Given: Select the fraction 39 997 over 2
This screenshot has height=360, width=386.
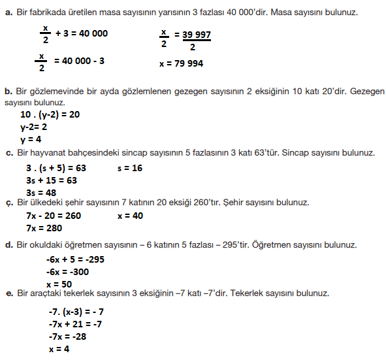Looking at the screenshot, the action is [191, 41].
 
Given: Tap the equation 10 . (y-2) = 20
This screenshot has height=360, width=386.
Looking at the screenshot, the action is [50, 114].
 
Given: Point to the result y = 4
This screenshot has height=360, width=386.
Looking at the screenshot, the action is [31, 139].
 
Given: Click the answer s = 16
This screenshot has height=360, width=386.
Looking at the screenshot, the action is [130, 168].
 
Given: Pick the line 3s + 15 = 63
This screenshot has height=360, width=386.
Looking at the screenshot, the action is [51, 180].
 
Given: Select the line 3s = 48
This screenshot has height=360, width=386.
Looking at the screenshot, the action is [40, 193].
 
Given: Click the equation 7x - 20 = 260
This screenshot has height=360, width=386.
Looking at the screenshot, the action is [54, 216].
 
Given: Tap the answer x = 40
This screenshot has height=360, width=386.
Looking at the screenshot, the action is [130, 216].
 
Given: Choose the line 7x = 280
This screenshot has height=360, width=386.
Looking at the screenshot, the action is [44, 228].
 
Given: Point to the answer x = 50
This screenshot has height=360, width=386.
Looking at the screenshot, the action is [59, 284].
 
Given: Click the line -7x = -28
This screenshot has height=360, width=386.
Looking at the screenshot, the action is [67, 336].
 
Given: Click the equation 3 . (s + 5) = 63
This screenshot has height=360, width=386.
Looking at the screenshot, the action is [56, 168].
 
